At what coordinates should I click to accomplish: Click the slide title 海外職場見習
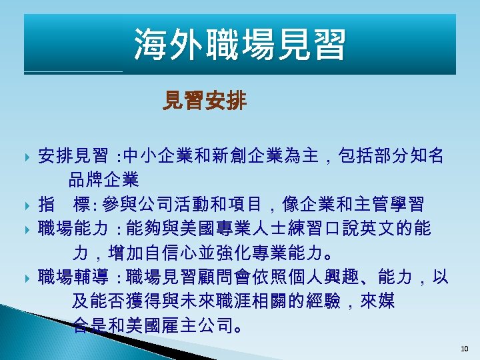(240, 45)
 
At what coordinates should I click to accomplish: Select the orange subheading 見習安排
(205, 101)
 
